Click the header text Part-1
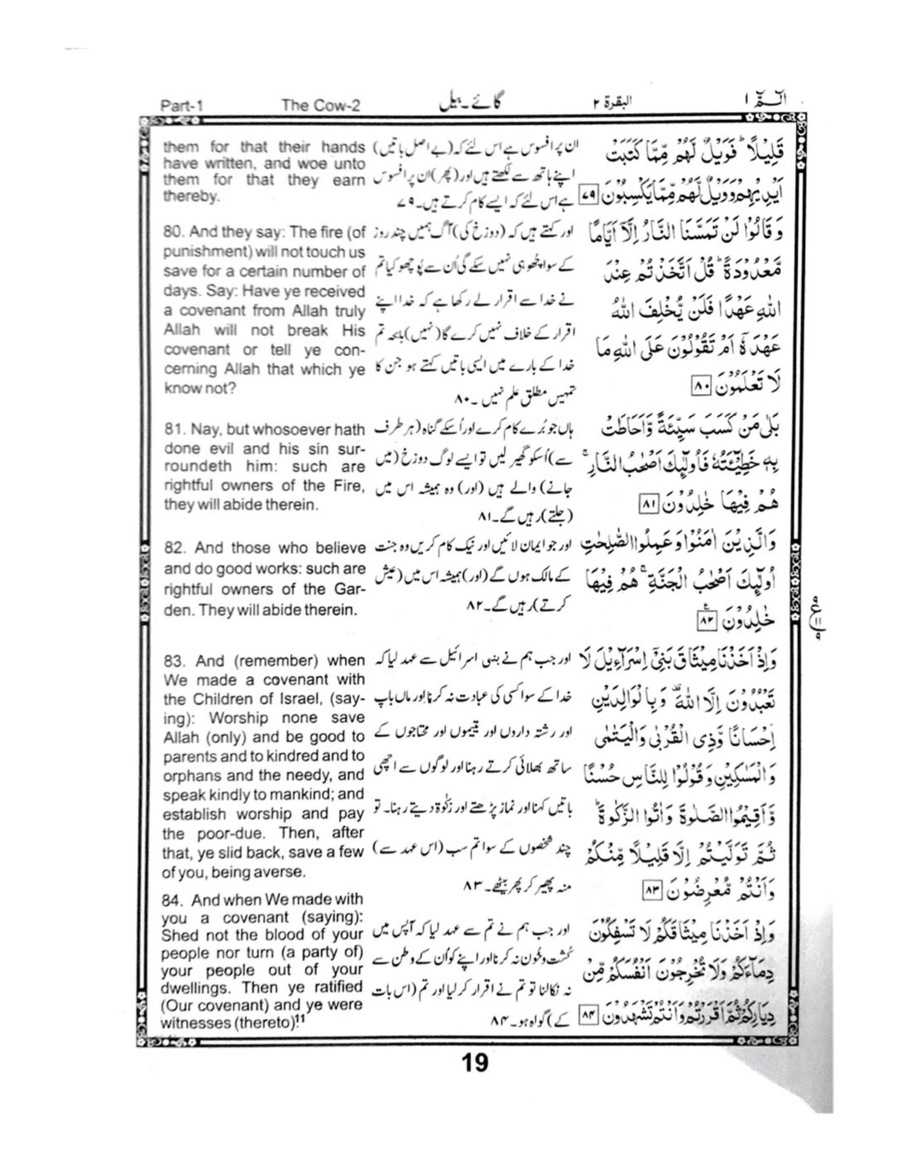coord(181,105)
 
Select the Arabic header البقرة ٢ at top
coord(612,104)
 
